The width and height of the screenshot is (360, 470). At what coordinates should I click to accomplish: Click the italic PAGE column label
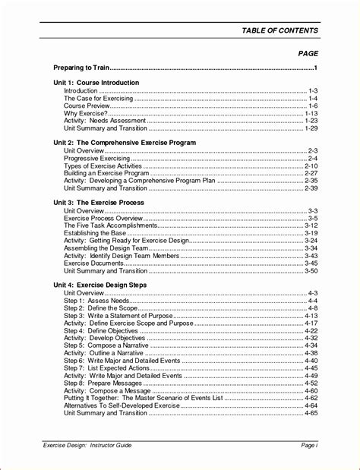[308, 54]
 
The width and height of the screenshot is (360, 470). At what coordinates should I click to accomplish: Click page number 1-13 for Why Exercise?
[310, 113]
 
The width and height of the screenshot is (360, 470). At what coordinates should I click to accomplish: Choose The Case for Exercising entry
[98, 98]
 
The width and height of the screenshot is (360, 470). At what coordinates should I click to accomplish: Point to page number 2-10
[310, 166]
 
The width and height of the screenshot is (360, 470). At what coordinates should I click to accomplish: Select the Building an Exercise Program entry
[106, 173]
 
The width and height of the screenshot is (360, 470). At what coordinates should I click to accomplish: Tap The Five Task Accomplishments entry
[111, 226]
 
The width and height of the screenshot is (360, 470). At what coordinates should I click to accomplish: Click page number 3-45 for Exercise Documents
[310, 263]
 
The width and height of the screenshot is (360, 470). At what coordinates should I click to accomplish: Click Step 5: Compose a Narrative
[107, 345]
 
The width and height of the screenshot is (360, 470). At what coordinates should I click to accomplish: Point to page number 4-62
[310, 398]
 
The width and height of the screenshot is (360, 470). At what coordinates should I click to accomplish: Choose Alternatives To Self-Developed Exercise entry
[122, 405]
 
